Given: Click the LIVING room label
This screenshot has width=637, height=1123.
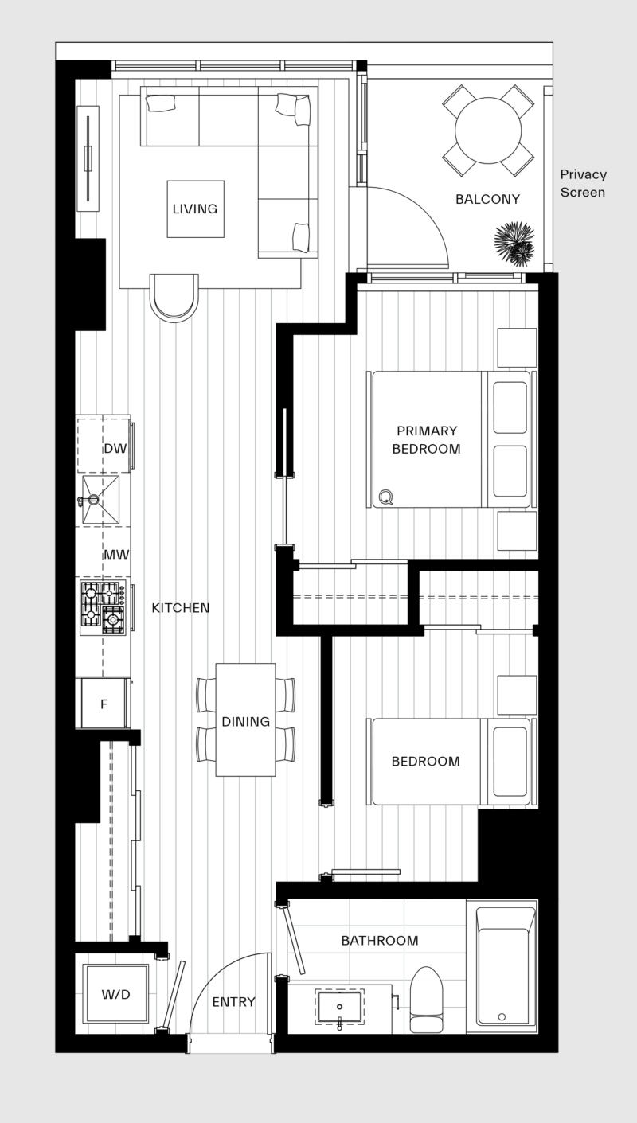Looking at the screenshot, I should tap(195, 209).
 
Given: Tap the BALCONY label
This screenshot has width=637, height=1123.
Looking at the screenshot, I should tap(487, 199).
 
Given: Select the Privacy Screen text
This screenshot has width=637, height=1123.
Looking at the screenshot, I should tap(583, 183).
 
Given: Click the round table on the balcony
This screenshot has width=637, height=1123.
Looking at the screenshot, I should tap(487, 131).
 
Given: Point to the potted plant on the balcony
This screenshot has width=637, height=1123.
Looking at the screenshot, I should tap(514, 244).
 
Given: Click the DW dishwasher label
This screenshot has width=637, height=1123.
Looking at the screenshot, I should tap(115, 449).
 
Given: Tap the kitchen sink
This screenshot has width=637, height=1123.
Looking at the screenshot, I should tap(100, 500).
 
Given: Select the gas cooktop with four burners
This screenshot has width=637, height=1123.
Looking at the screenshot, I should tap(104, 606).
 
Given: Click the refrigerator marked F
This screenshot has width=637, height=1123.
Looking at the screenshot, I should tap(104, 704).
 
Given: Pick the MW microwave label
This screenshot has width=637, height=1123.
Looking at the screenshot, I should tap(116, 554).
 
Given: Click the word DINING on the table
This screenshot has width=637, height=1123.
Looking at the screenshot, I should tap(245, 722).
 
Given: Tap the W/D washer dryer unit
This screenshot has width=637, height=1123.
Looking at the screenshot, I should tap(115, 994).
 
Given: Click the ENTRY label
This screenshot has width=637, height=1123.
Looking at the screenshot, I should tap(233, 1002).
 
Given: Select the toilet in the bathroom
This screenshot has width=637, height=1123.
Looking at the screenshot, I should tap(426, 1000).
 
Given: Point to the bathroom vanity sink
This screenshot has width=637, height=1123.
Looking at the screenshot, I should tap(340, 1007).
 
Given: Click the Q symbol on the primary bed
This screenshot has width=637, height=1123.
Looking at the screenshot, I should tap(385, 497).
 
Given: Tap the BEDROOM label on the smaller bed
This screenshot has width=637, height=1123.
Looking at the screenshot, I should tap(425, 762).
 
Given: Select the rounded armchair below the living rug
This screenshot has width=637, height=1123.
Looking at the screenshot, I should tap(174, 297).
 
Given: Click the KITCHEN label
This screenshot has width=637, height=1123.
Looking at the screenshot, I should tap(181, 608).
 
